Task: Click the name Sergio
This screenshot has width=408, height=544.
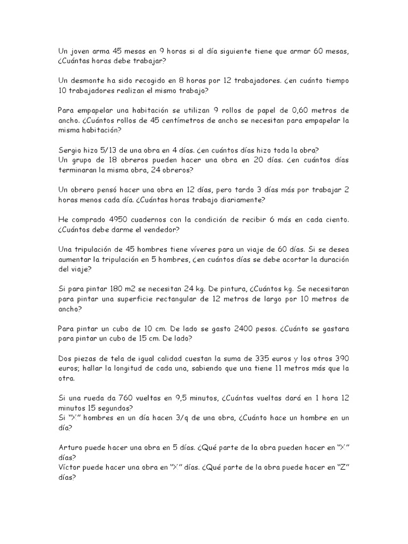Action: (71, 150)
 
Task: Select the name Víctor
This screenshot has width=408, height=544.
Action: (70, 468)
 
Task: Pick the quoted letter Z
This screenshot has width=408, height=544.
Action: (339, 468)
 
